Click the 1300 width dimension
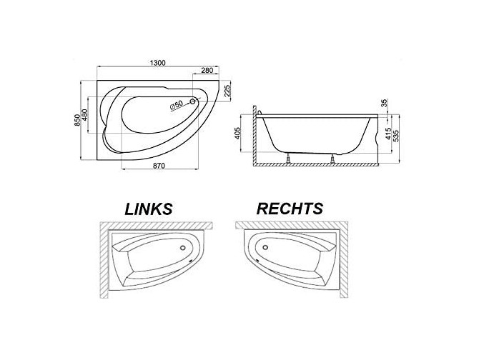coord(157,64)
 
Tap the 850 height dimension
coord(77,121)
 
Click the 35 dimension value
coord(384,103)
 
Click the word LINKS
coord(149,209)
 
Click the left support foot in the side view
coord(287,159)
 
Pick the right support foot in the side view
coord(332,159)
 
